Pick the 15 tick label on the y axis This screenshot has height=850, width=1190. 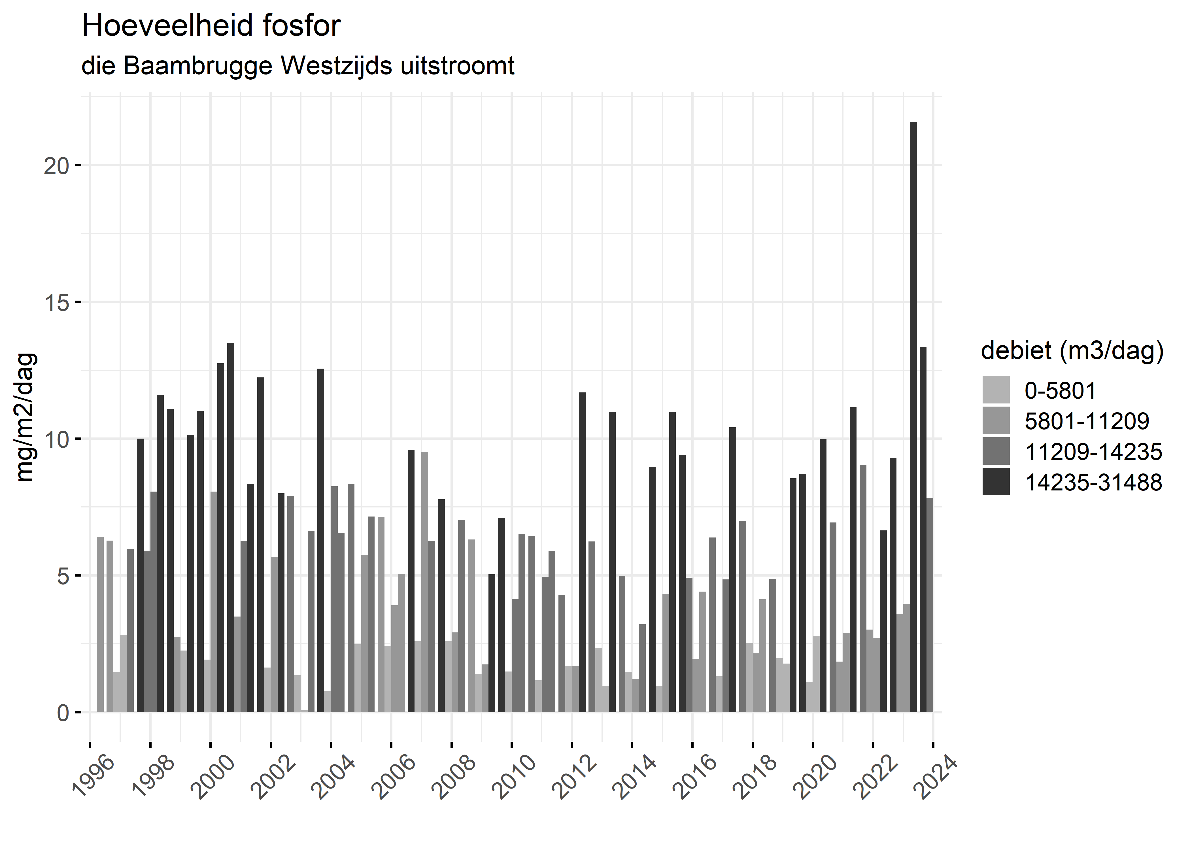[x=56, y=303]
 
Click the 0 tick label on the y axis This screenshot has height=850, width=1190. [x=63, y=713]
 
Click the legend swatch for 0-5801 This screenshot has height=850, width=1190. [x=996, y=390]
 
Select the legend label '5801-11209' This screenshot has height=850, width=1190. [x=1086, y=421]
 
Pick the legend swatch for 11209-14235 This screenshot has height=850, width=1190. [x=996, y=451]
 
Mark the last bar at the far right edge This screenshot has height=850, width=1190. [x=930, y=605]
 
